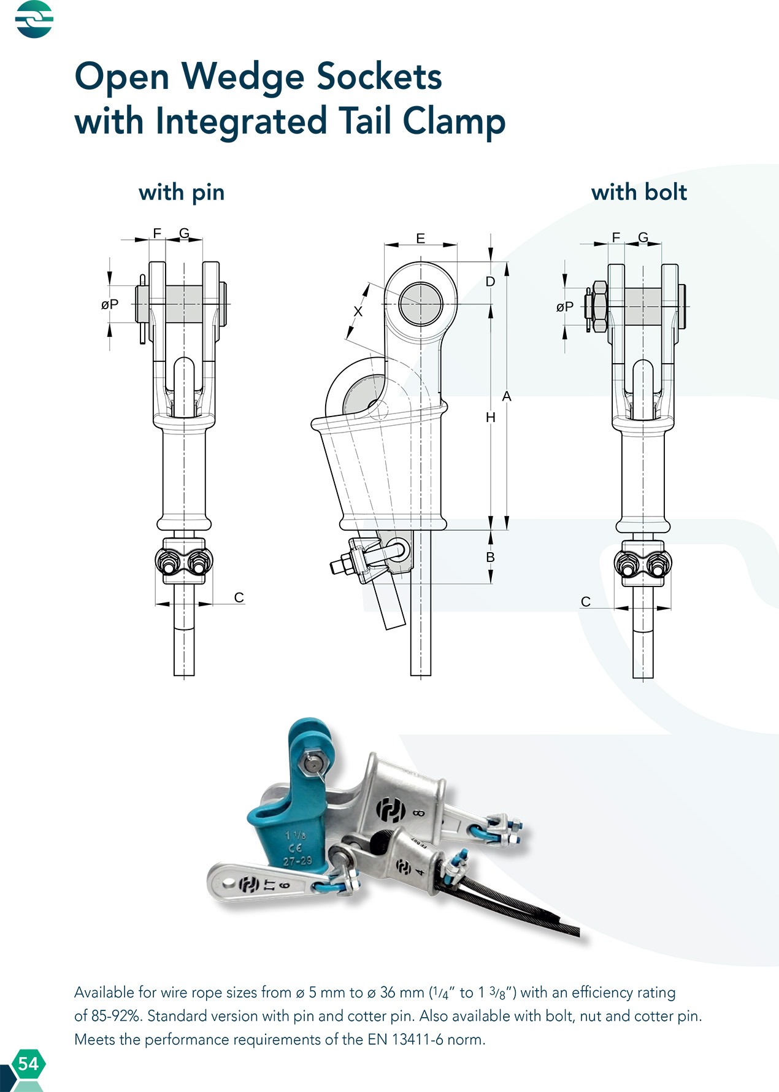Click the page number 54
[x=28, y=1063]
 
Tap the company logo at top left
[x=34, y=19]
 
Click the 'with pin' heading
[x=182, y=192]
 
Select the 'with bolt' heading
[x=639, y=192]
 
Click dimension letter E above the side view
[x=420, y=239]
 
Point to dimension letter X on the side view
[x=358, y=312]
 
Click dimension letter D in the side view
[x=490, y=282]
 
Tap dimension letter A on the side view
[x=507, y=396]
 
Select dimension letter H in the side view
[x=490, y=417]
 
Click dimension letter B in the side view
[x=490, y=557]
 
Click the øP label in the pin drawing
[x=110, y=304]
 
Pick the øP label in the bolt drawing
[x=565, y=307]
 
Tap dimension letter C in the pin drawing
[x=239, y=598]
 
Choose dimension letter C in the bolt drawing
[x=586, y=602]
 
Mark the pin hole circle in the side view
[x=420, y=304]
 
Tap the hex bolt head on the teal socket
[x=311, y=764]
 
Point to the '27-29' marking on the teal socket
[x=297, y=861]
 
